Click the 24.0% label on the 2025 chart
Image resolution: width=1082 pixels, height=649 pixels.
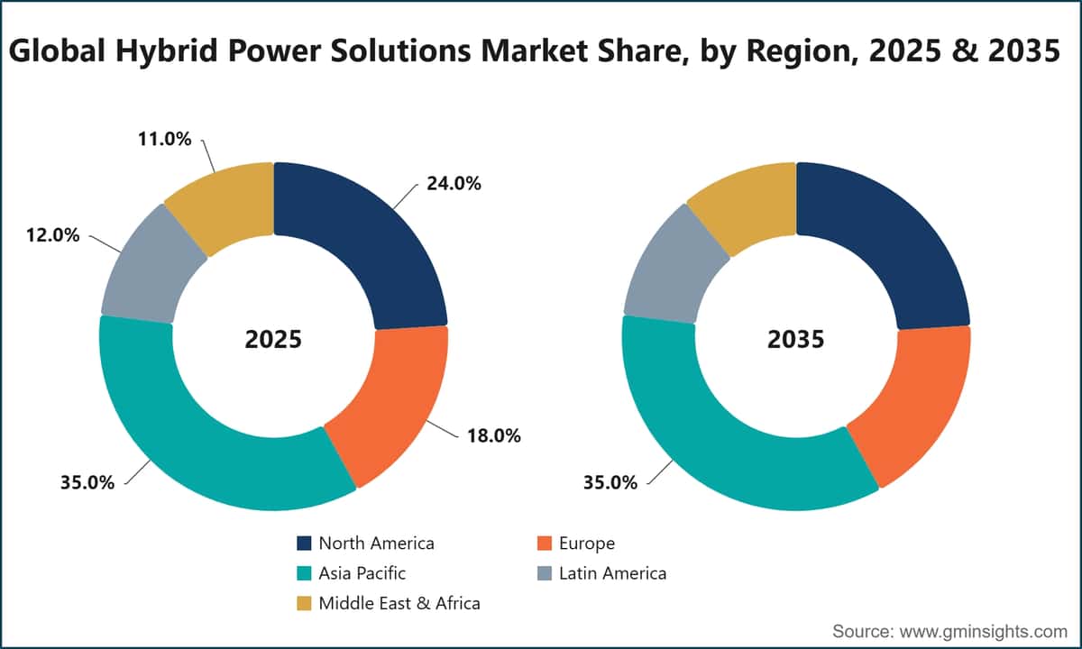[454, 184]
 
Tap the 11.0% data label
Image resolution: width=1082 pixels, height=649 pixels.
[165, 139]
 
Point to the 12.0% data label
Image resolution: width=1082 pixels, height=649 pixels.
[52, 235]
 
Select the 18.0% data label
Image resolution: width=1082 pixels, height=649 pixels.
[494, 435]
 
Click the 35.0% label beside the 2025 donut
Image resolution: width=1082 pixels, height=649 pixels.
[87, 482]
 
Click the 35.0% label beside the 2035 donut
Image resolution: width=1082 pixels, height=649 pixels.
[610, 482]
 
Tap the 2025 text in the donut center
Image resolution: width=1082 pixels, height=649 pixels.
[273, 340]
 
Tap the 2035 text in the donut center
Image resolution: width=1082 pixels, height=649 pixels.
[796, 340]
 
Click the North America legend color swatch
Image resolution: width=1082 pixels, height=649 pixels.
[304, 544]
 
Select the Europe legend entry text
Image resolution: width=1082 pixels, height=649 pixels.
[587, 544]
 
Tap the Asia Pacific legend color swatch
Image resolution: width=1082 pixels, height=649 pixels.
[304, 573]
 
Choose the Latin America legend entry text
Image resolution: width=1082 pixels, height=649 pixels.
[612, 573]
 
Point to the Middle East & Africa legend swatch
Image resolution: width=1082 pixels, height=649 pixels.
[304, 603]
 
